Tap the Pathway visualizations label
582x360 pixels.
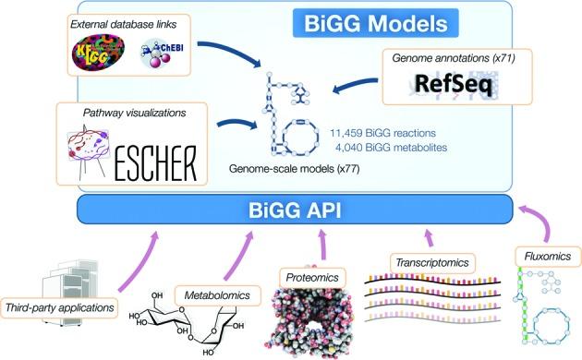[125, 113]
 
